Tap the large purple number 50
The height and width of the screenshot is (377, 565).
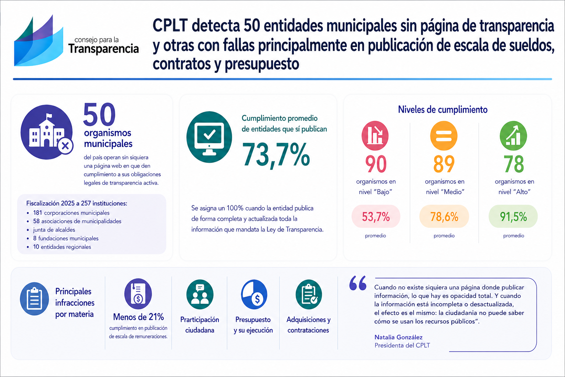(x=99, y=115)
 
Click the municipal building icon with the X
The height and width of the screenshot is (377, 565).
(x=47, y=132)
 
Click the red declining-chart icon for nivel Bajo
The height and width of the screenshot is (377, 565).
(x=375, y=135)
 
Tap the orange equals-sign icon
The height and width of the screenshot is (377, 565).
(x=444, y=135)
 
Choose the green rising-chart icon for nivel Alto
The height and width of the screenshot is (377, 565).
(x=513, y=135)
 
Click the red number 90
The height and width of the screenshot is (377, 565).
(x=376, y=164)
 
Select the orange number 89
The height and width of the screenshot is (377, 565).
(x=444, y=164)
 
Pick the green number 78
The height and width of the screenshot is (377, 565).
(x=514, y=164)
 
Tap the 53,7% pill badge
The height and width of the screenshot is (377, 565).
(x=376, y=216)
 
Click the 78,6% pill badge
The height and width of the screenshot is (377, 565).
(x=444, y=216)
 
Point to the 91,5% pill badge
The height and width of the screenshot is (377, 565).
(x=513, y=216)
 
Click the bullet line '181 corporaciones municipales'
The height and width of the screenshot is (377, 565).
(x=71, y=213)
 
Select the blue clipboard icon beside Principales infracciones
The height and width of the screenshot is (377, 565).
(x=34, y=299)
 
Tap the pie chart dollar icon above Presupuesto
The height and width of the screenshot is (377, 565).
(x=254, y=295)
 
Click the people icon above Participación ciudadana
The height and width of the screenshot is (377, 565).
(x=200, y=294)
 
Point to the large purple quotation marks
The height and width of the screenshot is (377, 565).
(x=358, y=283)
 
